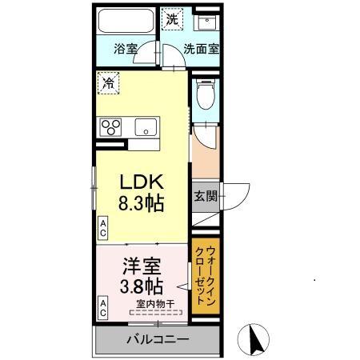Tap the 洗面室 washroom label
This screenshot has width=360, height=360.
coord(202,48)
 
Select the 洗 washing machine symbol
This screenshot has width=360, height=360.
coord(171,17)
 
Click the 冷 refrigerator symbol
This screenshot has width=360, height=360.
coord(106,81)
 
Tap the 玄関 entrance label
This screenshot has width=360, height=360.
coord(203,196)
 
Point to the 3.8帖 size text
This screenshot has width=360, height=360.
coord(142,286)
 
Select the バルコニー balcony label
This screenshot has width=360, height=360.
coord(157,340)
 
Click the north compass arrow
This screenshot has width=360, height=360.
coord(258,340)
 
